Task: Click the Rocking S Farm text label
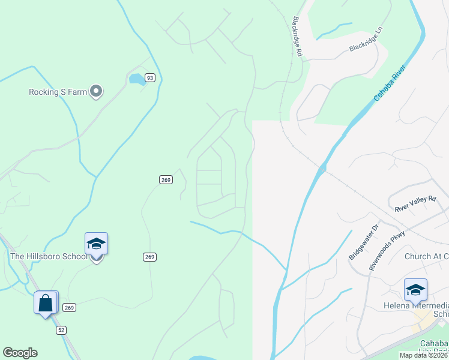58,92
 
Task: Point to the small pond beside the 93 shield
136,79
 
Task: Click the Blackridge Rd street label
297,36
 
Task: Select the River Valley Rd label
415,203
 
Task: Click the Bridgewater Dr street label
364,242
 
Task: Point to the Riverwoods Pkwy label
387,250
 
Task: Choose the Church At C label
426,256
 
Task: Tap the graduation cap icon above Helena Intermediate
415,289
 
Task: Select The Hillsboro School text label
49,256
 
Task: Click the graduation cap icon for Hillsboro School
96,244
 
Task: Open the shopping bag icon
46,302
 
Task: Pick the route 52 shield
61,330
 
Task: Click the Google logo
20,353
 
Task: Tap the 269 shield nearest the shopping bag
70,307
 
